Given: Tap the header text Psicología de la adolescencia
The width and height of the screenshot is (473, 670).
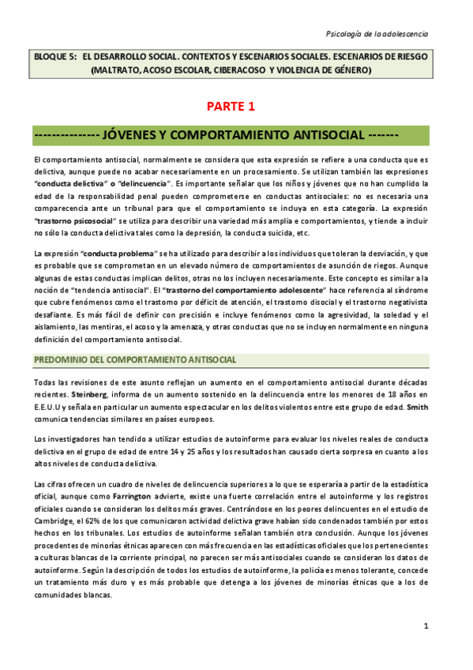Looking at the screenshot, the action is (x=377, y=34).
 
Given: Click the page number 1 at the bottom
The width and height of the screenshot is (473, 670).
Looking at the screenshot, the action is (x=426, y=627).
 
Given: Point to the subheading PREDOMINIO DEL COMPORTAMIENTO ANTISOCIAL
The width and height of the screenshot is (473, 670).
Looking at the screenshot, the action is (x=134, y=360).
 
